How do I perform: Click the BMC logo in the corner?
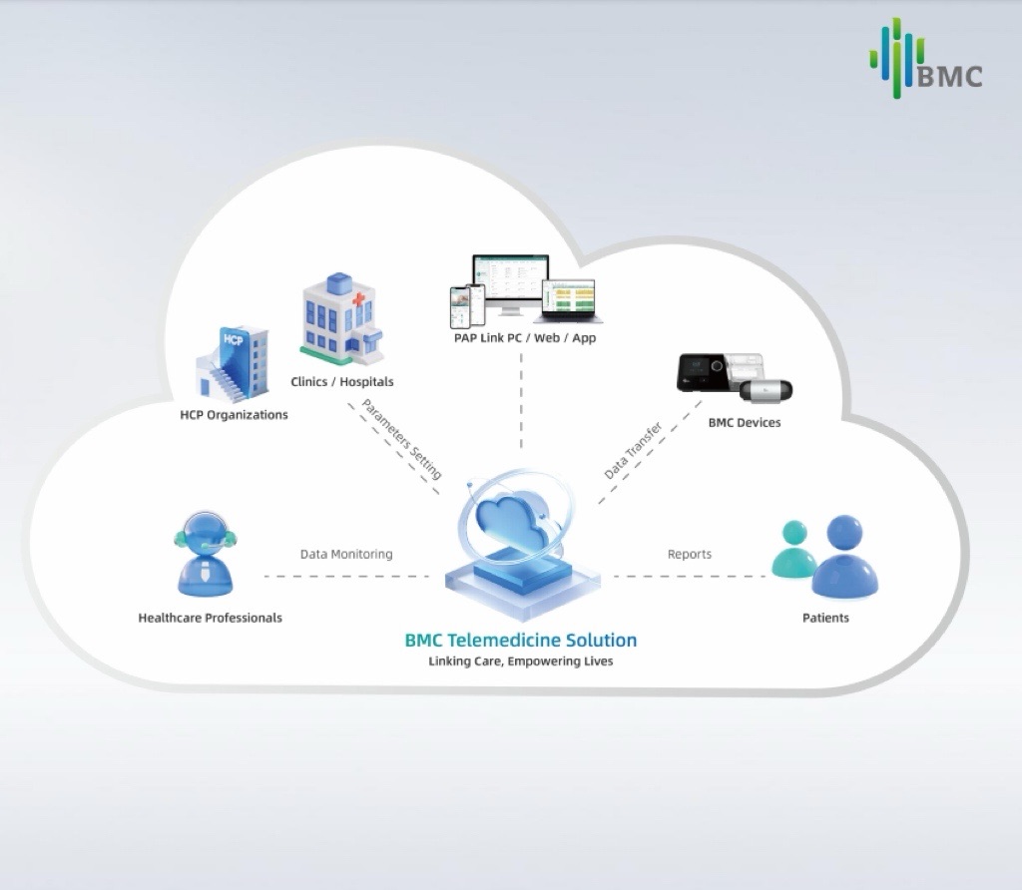925,62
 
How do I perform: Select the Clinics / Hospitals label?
341,382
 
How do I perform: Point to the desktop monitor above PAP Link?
510,283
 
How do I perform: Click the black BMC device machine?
703,372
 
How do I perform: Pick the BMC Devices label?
744,423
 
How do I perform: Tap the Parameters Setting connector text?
401,439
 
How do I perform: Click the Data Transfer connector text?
633,450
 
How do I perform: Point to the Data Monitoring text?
346,554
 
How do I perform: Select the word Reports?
690,554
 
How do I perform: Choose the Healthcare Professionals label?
210,618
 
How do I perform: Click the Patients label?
825,618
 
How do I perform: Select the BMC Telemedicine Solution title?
520,640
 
